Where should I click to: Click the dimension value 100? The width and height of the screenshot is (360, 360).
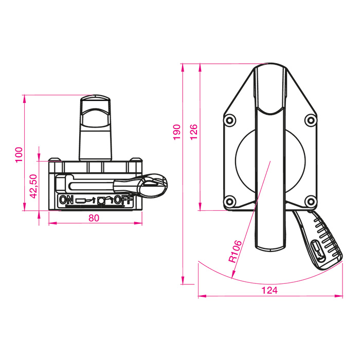coord(19,154)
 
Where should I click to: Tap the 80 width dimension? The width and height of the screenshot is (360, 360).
coord(94,218)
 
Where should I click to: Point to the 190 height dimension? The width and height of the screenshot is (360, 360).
coord(176,132)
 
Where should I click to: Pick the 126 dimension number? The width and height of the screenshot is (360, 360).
coord(194,132)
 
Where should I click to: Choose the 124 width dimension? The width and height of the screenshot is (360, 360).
coord(269,291)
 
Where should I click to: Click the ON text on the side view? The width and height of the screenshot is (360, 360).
coord(66,200)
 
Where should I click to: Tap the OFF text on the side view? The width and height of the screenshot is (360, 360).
coord(124,200)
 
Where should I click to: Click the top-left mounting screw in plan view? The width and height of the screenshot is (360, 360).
coord(229,120)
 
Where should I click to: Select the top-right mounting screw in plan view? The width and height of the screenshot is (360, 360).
coord(310,120)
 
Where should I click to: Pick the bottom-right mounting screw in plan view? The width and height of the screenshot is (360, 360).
coord(310,201)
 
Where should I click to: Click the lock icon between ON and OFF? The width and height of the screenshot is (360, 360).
coord(101,200)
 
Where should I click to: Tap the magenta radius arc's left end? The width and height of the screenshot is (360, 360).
coord(199,263)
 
